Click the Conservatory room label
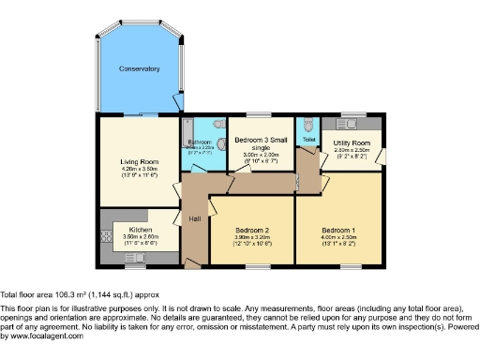pos(139,68)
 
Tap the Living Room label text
pos(139,161)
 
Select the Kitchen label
pos(141,229)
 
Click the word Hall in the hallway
pos(195,217)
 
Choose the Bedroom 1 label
pos(338,230)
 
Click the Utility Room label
pos(353,142)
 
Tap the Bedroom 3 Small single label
pos(256,142)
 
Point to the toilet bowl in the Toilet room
pos(308,125)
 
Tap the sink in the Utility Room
pos(353,122)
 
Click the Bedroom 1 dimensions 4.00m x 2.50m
pos(338,239)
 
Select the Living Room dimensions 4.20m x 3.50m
pos(139,170)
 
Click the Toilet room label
pos(308,139)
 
